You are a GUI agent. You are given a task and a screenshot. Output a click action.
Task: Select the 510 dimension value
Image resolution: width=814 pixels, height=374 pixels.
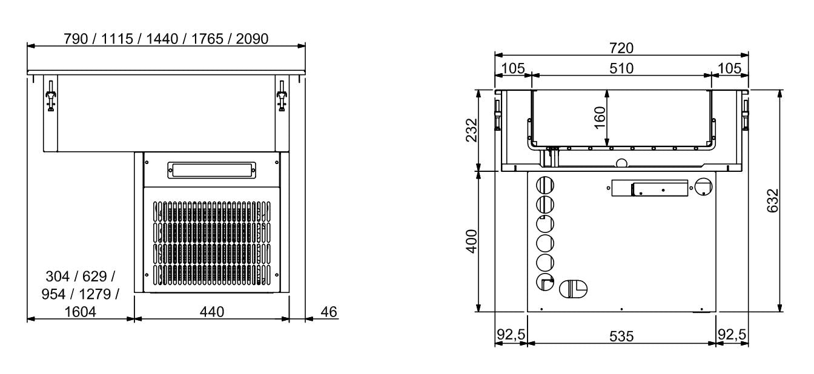(x=621, y=68)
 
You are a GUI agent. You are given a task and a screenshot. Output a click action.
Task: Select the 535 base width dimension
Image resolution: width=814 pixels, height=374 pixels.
(x=621, y=335)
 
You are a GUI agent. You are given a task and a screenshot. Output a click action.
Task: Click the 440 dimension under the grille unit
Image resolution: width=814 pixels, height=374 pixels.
(x=211, y=312)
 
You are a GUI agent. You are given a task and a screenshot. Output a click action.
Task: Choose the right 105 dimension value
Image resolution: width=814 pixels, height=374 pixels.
(x=730, y=68)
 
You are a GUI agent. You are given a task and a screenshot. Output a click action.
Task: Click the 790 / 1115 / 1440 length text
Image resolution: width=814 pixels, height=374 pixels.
(x=167, y=38)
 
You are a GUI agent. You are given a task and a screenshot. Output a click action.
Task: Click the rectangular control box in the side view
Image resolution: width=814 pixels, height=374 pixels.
(x=650, y=188)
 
